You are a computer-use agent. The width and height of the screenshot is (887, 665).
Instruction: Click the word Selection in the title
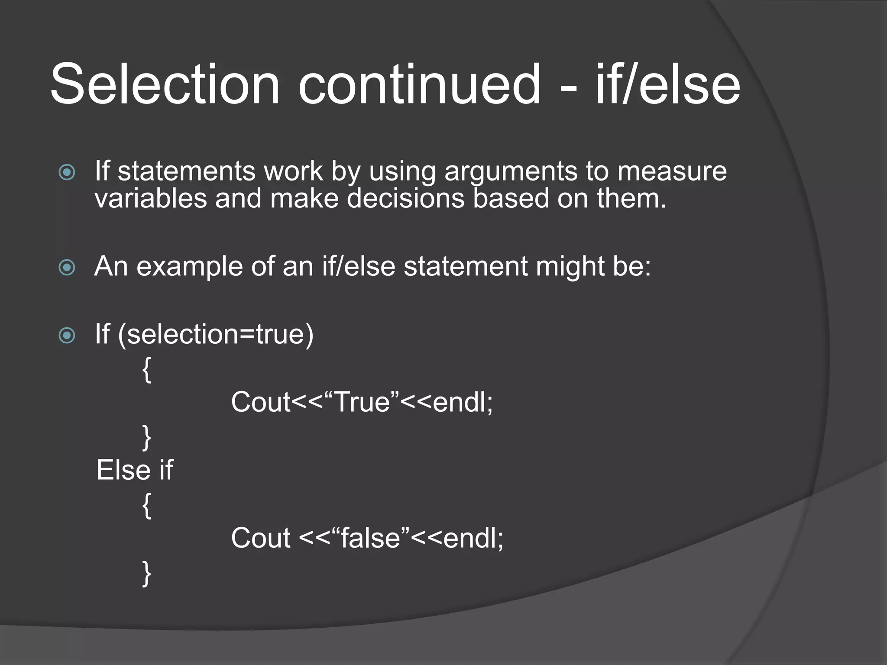165,84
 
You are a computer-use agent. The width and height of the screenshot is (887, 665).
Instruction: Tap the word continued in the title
419,84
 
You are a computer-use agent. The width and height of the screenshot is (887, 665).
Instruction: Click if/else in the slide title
667,84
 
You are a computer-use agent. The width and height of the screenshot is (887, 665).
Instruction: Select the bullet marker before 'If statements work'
67,172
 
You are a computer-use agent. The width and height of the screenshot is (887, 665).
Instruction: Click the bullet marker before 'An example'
67,267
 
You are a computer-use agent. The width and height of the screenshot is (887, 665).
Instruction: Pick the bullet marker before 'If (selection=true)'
67,335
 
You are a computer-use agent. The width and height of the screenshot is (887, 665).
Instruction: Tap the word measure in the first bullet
672,171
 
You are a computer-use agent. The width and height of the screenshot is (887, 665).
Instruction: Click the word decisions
405,198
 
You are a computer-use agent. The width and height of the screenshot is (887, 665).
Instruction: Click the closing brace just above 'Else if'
147,437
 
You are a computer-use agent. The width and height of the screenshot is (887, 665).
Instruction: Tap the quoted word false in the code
370,539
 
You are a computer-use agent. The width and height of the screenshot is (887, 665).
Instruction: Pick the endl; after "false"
473,539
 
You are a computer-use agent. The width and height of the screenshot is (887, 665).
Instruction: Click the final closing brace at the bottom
147,573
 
